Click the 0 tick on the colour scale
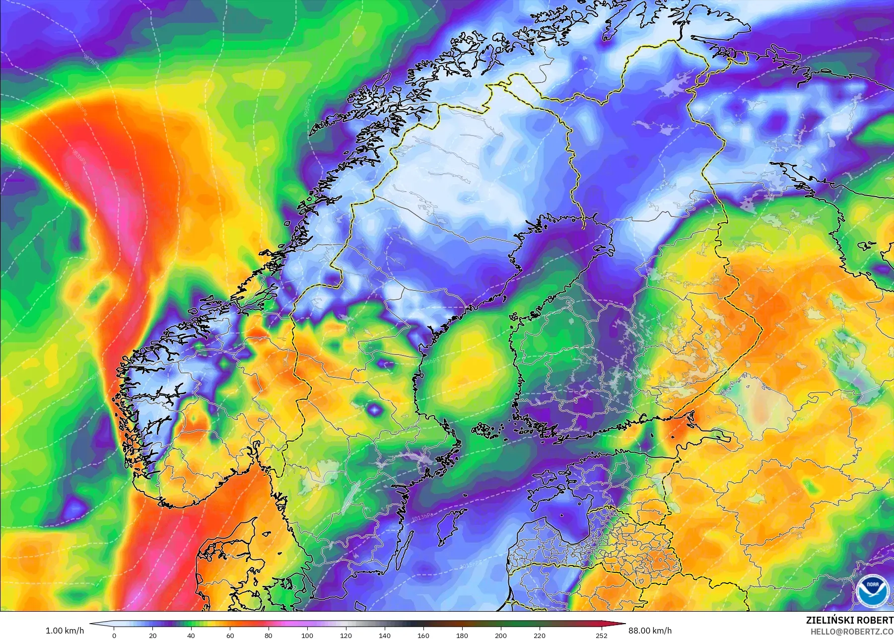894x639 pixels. (114, 635)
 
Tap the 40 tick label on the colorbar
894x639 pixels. (191, 635)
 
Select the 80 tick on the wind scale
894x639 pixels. (269, 635)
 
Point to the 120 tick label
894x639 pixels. (346, 635)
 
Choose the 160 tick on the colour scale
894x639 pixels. (423, 635)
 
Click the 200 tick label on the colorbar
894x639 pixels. (501, 635)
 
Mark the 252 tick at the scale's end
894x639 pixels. (602, 635)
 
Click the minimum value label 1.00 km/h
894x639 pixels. (65, 631)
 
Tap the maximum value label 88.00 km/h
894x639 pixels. (650, 631)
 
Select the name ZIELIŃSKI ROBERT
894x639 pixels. (849, 620)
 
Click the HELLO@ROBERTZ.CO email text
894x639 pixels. (852, 632)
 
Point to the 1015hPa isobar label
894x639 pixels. (471, 564)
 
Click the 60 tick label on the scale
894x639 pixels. (230, 635)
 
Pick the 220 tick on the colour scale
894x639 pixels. (540, 635)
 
